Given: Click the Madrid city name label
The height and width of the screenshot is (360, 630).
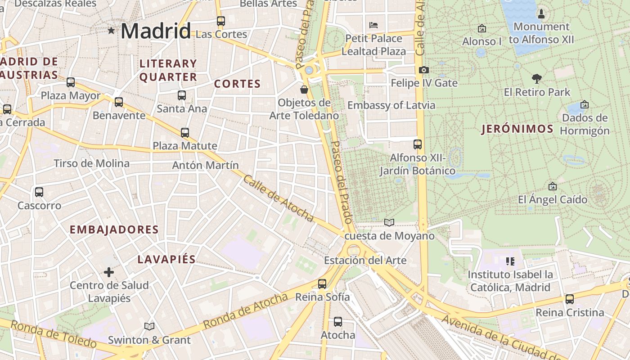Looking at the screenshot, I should point(156,31).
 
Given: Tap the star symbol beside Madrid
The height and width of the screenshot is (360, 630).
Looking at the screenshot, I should point(111,30).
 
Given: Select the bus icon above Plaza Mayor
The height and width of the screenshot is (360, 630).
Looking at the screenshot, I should point(71,82).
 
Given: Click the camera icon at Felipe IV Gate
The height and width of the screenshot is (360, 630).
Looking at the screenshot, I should point(423,70).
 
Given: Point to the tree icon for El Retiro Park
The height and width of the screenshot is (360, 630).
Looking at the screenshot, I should point(536,79).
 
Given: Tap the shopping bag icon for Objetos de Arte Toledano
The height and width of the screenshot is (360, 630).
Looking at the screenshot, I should point(304,89).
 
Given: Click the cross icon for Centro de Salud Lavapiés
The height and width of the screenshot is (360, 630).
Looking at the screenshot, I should point(109,272).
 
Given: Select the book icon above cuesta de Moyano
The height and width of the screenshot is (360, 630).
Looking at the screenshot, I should point(389,222).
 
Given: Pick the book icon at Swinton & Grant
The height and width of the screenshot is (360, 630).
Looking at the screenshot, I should point(149,326).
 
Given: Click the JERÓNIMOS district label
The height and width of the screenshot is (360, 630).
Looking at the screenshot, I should point(517,129).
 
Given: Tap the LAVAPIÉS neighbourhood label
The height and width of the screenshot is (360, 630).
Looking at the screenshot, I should point(166,259).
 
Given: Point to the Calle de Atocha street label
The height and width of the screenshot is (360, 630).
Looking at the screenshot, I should point(278,198).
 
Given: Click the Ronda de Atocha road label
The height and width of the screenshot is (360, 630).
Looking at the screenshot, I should point(245,310).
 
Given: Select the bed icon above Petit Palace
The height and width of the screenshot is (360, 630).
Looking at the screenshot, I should point(373,25).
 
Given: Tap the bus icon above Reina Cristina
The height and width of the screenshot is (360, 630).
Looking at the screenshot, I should point(570,299).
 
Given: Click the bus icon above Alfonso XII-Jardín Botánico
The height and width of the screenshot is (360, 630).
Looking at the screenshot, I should point(418,144).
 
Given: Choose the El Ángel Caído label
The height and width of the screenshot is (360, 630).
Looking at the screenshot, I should point(553,199).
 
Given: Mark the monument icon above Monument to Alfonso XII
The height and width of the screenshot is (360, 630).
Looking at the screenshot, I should point(541,13).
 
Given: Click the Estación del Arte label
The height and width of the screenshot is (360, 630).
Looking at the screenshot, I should point(365,260).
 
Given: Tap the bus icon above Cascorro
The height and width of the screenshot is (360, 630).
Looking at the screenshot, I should point(39,192).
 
